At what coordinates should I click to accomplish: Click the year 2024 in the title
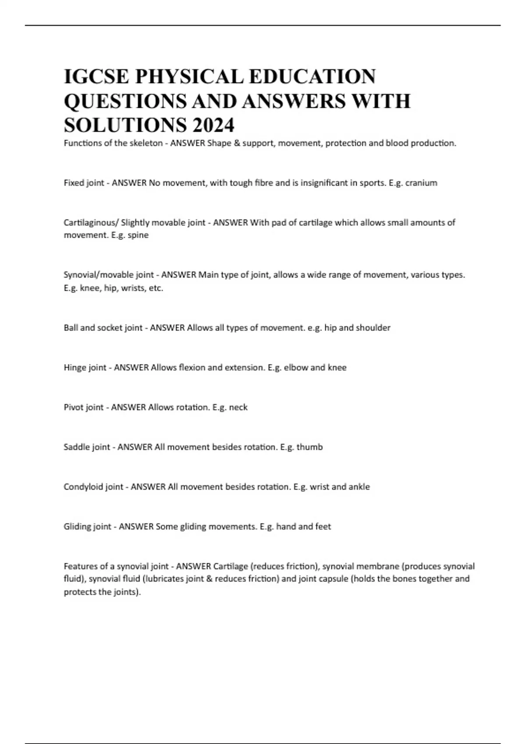click(213, 125)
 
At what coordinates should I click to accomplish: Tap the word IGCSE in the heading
click(96, 77)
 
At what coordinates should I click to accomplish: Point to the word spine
click(138, 235)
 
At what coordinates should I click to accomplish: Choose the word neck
click(238, 407)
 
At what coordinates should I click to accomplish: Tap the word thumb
click(309, 447)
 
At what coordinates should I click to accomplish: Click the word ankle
click(359, 487)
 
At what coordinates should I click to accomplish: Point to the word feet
click(322, 526)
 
